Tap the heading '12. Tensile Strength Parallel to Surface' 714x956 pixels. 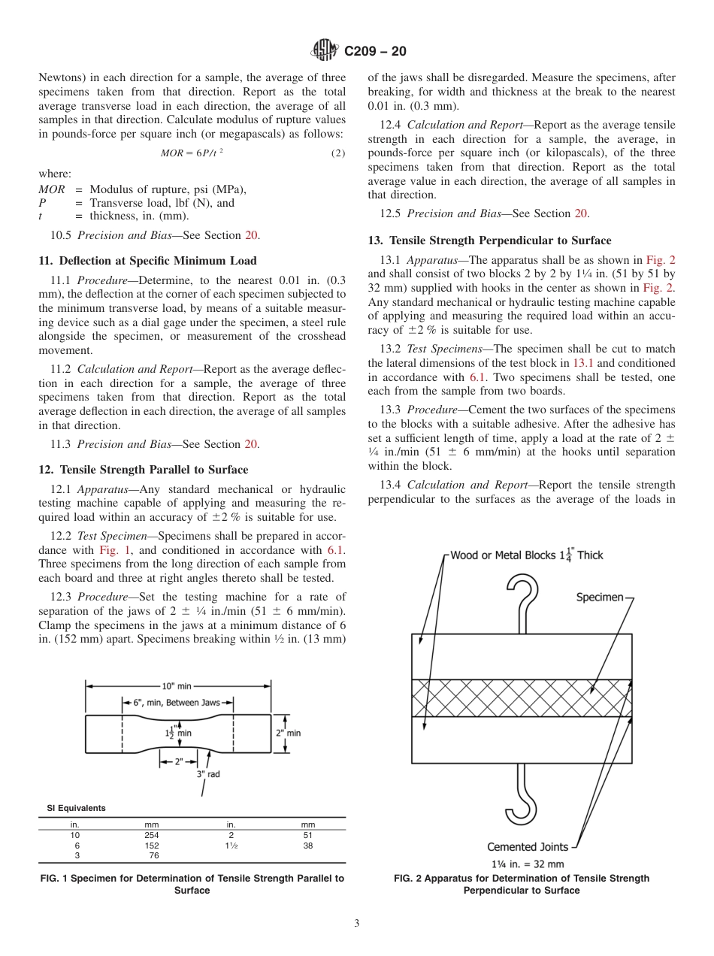[143, 470]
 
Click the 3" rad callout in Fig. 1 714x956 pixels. [207, 774]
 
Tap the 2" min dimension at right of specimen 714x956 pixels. [288, 732]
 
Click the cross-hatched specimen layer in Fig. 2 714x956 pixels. [521, 698]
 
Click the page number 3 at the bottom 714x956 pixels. [356, 924]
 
